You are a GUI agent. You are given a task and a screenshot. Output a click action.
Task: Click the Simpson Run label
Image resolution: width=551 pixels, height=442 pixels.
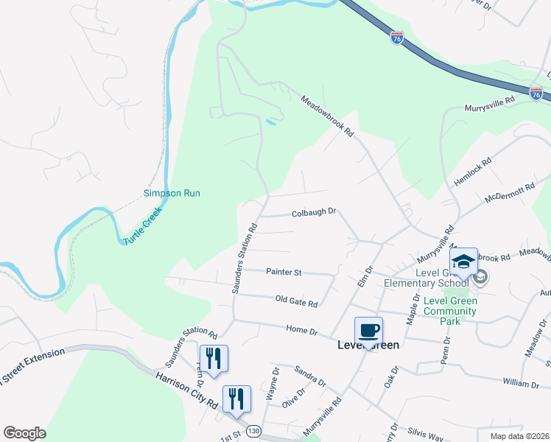pyautogui.click(x=172, y=194)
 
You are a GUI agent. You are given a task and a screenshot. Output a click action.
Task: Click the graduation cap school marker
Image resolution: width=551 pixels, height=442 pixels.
pyautogui.click(x=463, y=262)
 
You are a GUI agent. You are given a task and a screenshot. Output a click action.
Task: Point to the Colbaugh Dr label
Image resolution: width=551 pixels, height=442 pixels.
pyautogui.click(x=314, y=211)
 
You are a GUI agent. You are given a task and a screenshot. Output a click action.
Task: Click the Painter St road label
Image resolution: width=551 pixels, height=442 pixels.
pyautogui.click(x=284, y=273)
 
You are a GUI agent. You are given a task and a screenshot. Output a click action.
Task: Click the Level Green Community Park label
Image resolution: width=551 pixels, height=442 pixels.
pyautogui.click(x=450, y=311)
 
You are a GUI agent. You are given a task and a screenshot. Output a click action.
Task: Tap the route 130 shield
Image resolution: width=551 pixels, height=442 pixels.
pyautogui.click(x=253, y=430)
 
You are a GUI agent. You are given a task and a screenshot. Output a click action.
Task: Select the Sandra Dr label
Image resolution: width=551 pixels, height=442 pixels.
pyautogui.click(x=309, y=375)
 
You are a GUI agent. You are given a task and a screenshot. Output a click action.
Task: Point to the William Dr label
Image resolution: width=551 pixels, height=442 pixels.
pyautogui.click(x=522, y=384)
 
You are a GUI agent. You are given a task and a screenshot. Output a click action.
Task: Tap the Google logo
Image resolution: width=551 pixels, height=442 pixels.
pyautogui.click(x=24, y=433)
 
